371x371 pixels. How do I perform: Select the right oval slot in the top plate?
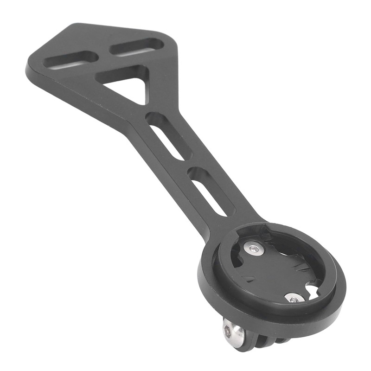pyautogui.click(x=137, y=47)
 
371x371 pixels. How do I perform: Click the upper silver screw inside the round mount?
pyautogui.click(x=254, y=249)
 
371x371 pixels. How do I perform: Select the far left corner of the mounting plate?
pyautogui.click(x=29, y=70)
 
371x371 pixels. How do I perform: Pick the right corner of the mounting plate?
pyautogui.click(x=177, y=40)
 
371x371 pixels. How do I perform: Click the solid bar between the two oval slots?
pyautogui.click(x=104, y=53)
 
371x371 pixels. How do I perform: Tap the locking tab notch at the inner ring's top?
pyautogui.click(x=268, y=230)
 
